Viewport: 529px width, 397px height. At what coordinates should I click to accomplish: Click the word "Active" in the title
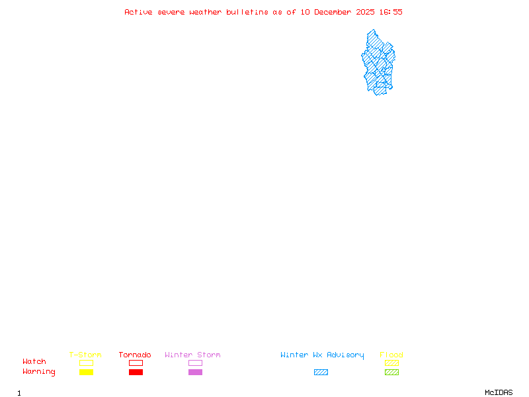tap(139, 12)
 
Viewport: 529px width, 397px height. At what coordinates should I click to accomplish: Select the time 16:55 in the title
tap(391, 12)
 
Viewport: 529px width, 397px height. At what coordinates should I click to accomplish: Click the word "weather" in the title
tap(205, 12)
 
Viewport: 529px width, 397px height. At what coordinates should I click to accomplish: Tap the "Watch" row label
tap(34, 362)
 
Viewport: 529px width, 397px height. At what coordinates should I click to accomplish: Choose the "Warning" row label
tap(39, 372)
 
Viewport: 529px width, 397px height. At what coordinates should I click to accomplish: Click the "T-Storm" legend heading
tap(85, 355)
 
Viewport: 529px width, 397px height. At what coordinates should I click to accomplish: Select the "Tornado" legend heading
tap(135, 355)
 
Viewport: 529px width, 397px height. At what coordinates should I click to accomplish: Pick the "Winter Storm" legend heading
tap(192, 355)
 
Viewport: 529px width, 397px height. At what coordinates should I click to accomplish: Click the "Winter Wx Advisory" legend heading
tap(322, 355)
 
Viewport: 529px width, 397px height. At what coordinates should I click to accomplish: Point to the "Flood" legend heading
tap(391, 355)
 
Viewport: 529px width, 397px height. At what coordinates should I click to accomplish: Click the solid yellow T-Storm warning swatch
tap(86, 373)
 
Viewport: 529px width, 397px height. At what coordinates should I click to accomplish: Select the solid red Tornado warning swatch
tap(136, 373)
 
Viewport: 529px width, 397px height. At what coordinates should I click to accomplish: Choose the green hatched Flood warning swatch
tap(391, 373)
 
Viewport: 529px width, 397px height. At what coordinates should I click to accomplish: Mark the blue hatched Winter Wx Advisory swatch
tap(321, 373)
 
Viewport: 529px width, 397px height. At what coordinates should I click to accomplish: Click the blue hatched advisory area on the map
tap(378, 63)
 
